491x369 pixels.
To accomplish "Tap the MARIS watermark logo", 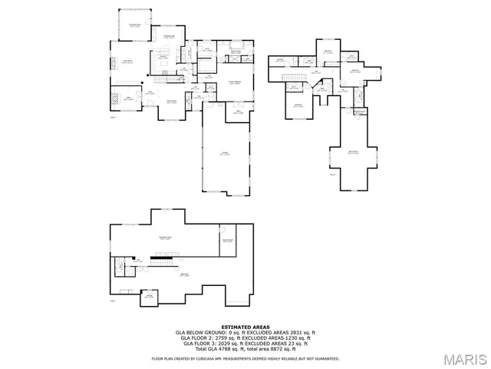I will tap(461, 359).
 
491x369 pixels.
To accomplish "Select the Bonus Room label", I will tap(353, 152).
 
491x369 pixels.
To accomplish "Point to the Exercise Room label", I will tap(227, 241).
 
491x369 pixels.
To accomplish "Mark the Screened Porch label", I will tap(133, 25).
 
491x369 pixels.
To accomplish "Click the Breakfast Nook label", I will tap(169, 36).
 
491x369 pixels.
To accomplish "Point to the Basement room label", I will tap(184, 274).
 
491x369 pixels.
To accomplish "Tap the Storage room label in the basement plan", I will tap(150, 295).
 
